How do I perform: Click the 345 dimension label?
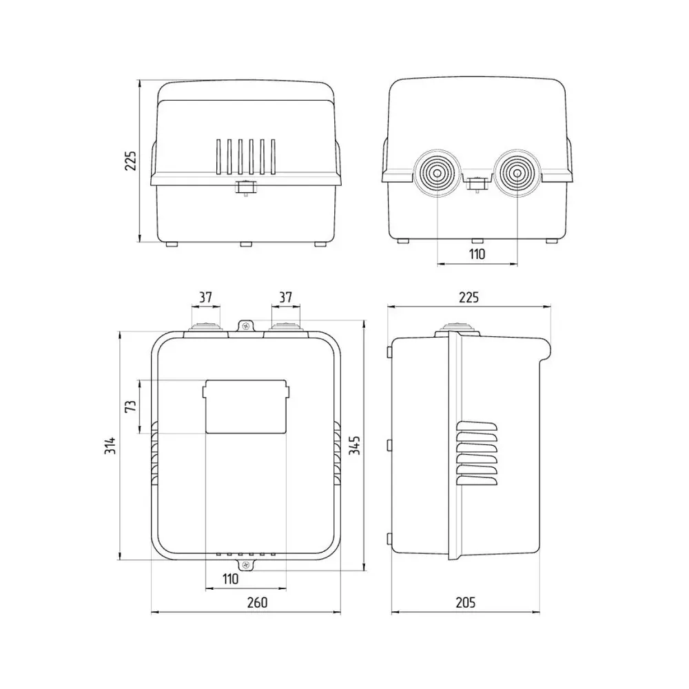pyautogui.click(x=354, y=445)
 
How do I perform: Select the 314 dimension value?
pyautogui.click(x=110, y=445)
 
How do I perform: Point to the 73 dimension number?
pyautogui.click(x=131, y=406)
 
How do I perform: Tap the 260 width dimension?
pyautogui.click(x=257, y=602)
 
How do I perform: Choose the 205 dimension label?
pyautogui.click(x=465, y=602)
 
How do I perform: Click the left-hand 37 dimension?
pyautogui.click(x=205, y=298)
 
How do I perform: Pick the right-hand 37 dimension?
pyautogui.click(x=286, y=298)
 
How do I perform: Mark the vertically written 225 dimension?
pyautogui.click(x=130, y=161)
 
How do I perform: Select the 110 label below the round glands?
pyautogui.click(x=477, y=254)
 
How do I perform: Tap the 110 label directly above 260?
pyautogui.click(x=230, y=579)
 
